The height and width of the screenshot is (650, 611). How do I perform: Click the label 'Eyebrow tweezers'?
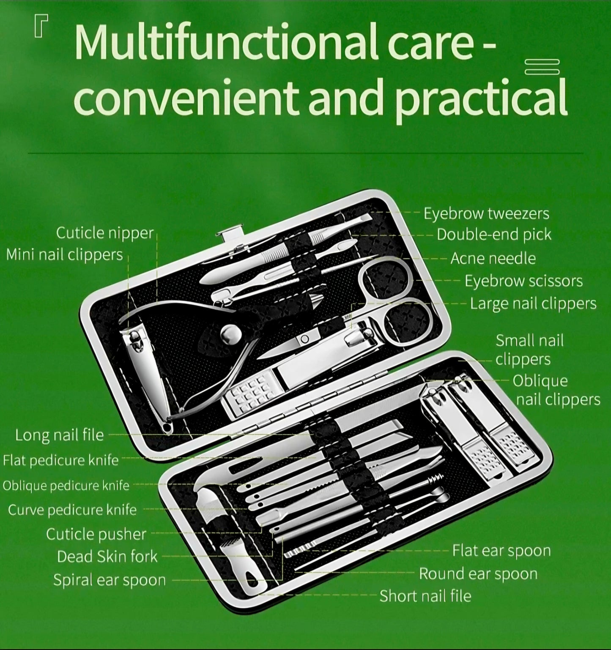486,214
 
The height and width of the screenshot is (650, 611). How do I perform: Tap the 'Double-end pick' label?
494,235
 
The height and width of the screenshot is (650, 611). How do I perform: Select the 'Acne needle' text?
493,258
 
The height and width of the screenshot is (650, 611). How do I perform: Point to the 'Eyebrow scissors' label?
523,281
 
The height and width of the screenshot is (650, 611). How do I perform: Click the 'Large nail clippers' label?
533,304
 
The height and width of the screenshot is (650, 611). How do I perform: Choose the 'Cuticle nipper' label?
104,233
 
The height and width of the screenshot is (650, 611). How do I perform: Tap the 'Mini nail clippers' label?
64,255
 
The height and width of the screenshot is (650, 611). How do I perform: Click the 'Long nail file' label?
59,435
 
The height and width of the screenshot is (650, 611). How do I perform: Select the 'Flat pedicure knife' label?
60,460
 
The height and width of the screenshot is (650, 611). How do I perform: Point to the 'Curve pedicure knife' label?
72,510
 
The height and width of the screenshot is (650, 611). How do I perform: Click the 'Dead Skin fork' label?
107,557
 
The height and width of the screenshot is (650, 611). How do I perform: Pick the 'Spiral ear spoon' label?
110,580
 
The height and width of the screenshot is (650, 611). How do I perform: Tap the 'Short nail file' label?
425,596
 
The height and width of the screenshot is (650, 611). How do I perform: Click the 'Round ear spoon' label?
478,574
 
